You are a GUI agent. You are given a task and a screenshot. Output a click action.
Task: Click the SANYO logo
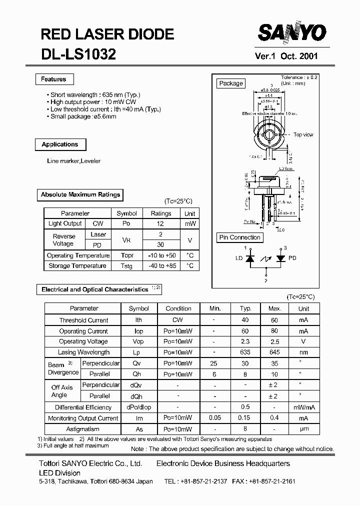[x=292, y=33]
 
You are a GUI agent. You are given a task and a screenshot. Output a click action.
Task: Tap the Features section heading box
[x=53, y=79]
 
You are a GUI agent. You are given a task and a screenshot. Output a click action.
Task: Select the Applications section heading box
[x=60, y=144]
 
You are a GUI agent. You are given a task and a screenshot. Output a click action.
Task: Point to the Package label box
[x=231, y=83]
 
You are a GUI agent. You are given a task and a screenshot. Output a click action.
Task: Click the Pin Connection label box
[x=240, y=237]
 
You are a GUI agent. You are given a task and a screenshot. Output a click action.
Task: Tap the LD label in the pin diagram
[x=239, y=258]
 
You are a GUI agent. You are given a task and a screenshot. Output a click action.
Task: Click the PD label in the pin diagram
[x=292, y=258]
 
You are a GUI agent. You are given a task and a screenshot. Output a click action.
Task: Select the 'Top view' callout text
[x=303, y=134]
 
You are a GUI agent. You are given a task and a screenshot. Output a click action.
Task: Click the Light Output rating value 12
[x=160, y=224]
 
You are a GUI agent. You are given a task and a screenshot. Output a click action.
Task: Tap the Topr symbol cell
[x=127, y=255]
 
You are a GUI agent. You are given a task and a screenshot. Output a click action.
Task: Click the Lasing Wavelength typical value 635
[x=245, y=352]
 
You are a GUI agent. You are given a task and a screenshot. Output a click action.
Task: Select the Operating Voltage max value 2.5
[x=274, y=341]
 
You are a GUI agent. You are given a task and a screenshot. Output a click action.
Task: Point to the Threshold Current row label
[x=83, y=320]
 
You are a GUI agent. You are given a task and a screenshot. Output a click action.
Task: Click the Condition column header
[x=178, y=308]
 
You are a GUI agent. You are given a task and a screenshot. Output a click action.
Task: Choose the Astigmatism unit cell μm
[x=303, y=429]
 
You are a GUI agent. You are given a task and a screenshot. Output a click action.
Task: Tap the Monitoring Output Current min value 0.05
[x=214, y=418]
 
